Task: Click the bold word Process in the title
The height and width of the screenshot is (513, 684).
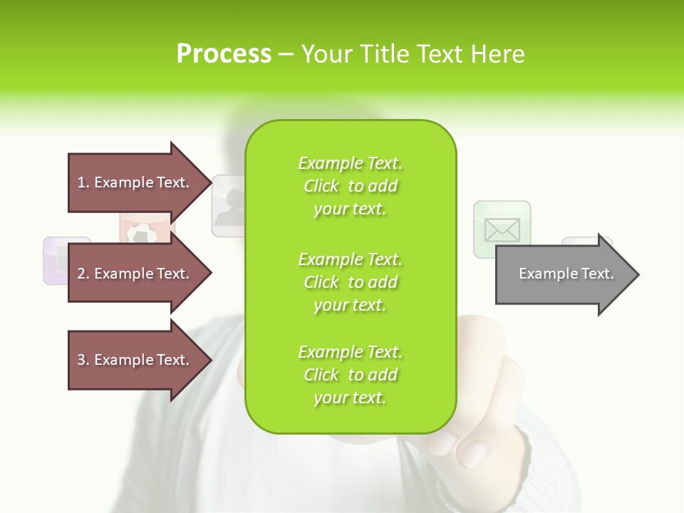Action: tap(224, 54)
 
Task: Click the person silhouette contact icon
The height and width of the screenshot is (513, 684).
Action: tap(229, 207)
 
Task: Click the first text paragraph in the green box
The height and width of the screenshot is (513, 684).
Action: tap(350, 186)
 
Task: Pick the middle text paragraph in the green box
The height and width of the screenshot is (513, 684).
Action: tap(350, 282)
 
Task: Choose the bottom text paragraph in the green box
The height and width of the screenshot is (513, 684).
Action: tap(350, 375)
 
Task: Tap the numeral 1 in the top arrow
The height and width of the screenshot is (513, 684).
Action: tap(81, 182)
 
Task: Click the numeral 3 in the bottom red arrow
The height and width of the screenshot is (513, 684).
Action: tap(81, 360)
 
